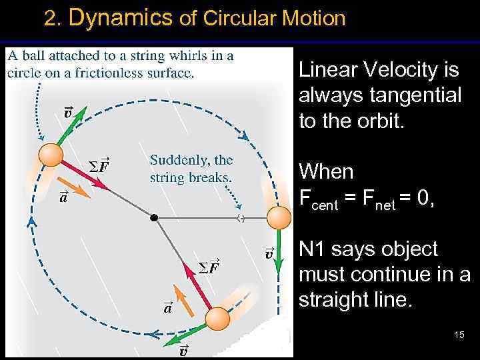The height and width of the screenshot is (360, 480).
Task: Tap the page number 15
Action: point(459,334)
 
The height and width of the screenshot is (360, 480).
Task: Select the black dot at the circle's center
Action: point(154,217)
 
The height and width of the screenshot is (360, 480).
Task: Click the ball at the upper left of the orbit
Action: point(51,155)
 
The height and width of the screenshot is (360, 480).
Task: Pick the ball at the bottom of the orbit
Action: point(217,319)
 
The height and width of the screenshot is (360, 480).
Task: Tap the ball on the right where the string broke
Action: point(279,217)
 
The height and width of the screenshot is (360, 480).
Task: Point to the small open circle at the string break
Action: point(241,217)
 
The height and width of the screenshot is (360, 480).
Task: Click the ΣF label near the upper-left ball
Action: point(99,165)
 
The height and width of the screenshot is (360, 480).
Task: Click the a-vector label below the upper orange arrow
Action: point(63,197)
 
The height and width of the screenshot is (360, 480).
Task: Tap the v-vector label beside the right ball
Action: point(269,253)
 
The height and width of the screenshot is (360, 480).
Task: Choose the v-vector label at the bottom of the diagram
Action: point(183,351)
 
